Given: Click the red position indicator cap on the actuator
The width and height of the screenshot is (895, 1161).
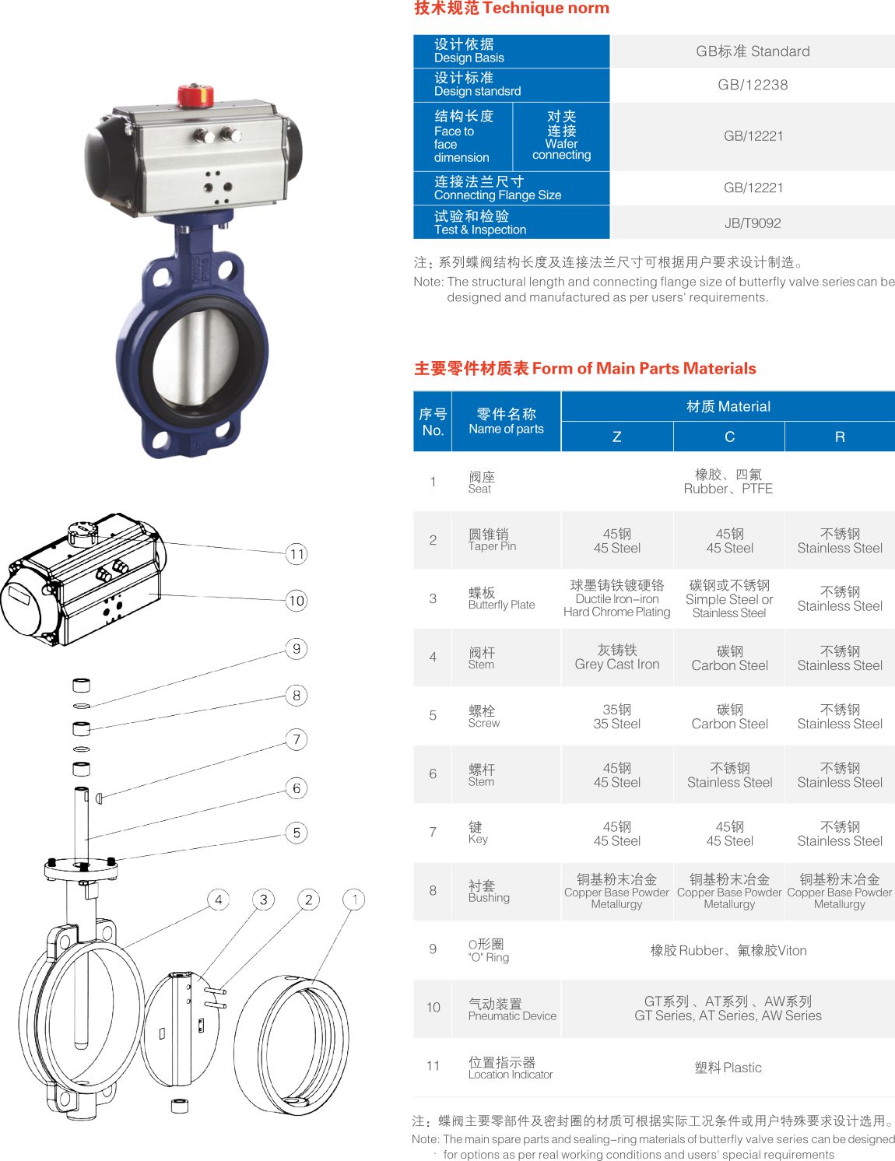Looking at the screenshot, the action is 195,95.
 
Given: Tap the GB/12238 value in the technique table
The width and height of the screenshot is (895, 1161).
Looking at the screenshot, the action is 753,84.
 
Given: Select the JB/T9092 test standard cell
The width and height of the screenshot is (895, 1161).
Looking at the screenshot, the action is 753,223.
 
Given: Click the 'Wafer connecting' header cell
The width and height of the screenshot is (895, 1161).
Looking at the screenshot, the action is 561,135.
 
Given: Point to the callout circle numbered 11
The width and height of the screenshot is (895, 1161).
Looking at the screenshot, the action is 297,553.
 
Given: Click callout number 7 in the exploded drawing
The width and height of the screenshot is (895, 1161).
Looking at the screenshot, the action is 297,739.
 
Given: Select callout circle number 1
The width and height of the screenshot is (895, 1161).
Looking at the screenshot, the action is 354,900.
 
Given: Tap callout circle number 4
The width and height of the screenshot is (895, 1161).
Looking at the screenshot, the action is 218,900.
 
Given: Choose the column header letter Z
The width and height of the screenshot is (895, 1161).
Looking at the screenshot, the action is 616,437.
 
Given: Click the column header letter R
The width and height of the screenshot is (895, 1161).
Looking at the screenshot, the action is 840,437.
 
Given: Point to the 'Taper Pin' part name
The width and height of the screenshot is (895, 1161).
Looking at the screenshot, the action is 492,546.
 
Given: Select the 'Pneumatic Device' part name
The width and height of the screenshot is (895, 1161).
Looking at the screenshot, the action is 512,1016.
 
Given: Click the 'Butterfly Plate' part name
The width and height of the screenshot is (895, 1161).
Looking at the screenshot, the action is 501,605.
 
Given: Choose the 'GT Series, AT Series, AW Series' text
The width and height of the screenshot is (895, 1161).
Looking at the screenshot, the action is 728,1015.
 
